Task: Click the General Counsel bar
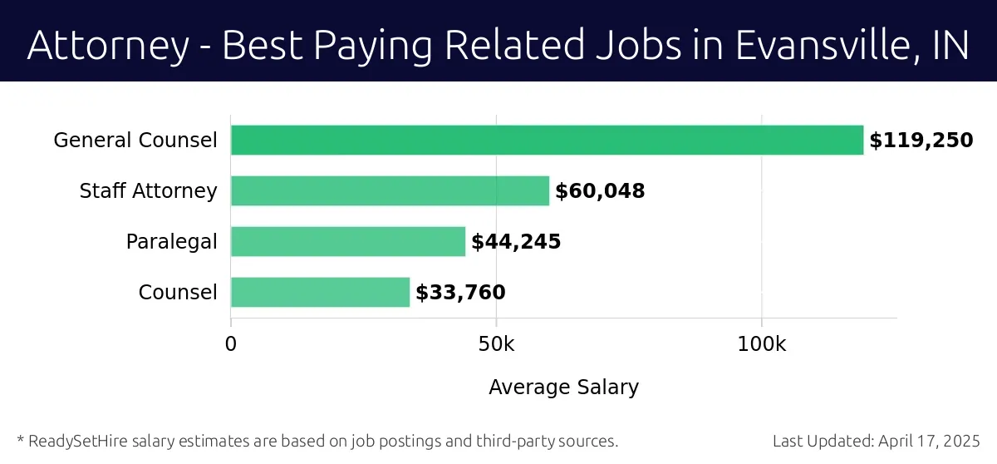547,140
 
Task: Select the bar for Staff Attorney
390,190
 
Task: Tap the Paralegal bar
347,241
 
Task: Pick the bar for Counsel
320,292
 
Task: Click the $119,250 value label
921,141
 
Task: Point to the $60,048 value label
600,191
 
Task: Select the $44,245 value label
516,242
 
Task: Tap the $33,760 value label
460,293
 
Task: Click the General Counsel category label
135,141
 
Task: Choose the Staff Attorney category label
148,191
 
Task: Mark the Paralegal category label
171,242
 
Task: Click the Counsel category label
178,293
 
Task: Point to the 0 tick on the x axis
231,343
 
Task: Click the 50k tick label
496,343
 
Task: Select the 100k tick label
761,343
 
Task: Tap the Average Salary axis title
563,387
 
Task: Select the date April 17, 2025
928,441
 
